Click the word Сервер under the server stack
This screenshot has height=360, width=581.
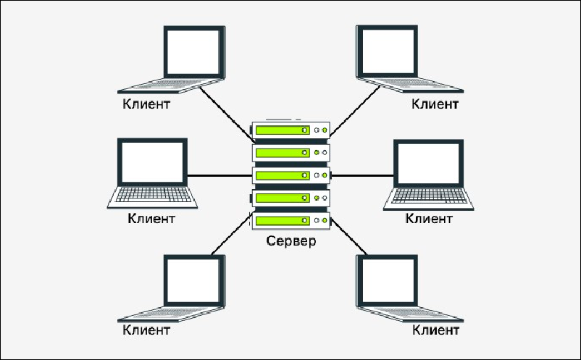pyautogui.click(x=290, y=241)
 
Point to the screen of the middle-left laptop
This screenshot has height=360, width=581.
pyautogui.click(x=152, y=161)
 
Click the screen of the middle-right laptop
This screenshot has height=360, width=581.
pyautogui.click(x=427, y=163)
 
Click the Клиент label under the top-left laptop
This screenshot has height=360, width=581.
pyautogui.click(x=146, y=104)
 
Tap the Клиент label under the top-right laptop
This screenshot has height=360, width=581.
pyautogui.click(x=435, y=104)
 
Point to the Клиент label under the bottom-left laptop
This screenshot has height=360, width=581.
pyautogui.click(x=146, y=331)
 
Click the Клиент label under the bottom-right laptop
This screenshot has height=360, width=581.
pyautogui.click(x=435, y=331)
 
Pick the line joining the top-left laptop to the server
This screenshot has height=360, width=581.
pyautogui.click(x=225, y=106)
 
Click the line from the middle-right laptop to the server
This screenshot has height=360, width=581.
pyautogui.click(x=362, y=175)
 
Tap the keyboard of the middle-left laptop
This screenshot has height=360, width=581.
pyautogui.click(x=151, y=196)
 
